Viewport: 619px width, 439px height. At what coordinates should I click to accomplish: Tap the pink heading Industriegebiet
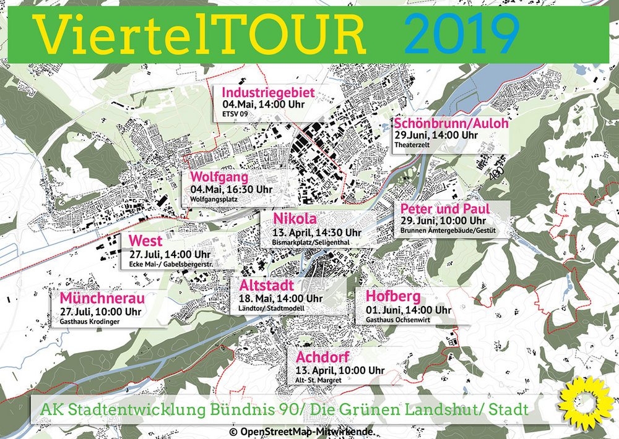(x=269, y=93)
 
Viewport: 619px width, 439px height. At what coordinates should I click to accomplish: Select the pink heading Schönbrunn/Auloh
(x=451, y=123)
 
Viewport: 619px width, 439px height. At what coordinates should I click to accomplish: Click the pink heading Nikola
(x=295, y=219)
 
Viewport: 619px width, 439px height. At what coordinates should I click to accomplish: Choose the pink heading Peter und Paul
(x=444, y=208)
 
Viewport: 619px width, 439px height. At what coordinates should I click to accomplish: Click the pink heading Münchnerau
(x=102, y=297)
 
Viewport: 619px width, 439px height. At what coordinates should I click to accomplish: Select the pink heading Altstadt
(x=262, y=286)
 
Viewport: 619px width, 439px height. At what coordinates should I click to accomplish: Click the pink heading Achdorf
(x=322, y=357)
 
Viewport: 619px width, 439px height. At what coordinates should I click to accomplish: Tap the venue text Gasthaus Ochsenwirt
(x=398, y=320)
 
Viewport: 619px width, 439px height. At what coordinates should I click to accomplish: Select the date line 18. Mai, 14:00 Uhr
(x=277, y=299)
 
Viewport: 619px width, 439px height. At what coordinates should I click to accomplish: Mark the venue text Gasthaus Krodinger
(x=90, y=322)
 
